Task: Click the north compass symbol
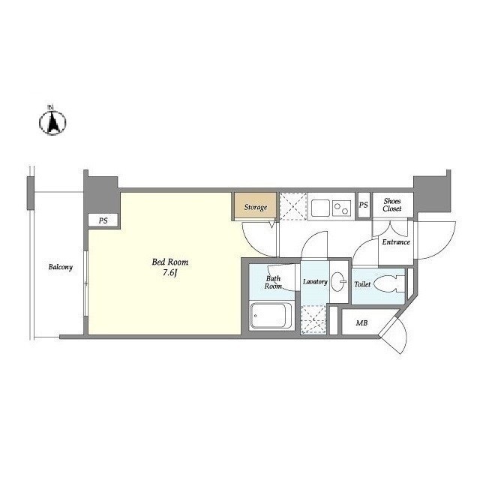coord(52,121)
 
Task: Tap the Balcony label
coord(61,267)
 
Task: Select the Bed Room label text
coord(170,262)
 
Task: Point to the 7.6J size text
coord(170,273)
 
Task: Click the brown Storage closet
coord(256,206)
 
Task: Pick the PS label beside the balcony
coord(103,220)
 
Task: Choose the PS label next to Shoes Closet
coord(363,205)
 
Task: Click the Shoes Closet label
coord(392,205)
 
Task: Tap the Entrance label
coord(396,242)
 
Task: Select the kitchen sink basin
coord(320,208)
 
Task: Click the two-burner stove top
coord(341,208)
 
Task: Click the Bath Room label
coord(273,282)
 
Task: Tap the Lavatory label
coord(315,282)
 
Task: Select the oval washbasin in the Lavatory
coord(338,281)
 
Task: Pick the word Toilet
coord(362,284)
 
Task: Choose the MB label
coord(361,323)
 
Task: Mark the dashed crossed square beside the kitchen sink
coord(293,206)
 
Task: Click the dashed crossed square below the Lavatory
coord(313,319)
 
